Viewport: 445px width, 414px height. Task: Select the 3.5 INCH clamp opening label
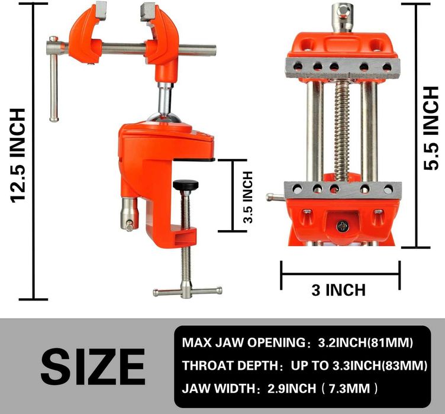pos(248,196)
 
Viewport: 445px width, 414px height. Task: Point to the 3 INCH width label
pos(338,290)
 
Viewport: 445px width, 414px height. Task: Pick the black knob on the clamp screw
pos(186,186)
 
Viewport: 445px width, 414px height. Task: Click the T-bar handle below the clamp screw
pos(187,290)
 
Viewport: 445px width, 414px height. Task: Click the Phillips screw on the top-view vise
pos(341,225)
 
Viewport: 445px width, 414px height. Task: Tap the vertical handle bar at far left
pos(53,86)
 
